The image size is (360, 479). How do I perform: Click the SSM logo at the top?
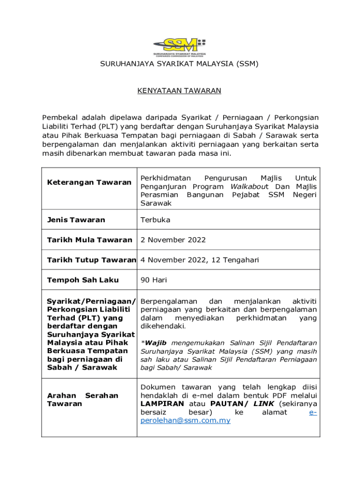pyautogui.click(x=180, y=45)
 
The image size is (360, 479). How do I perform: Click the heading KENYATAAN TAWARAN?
pyautogui.click(x=179, y=91)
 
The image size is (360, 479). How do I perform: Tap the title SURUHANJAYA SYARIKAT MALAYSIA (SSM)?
pyautogui.click(x=180, y=63)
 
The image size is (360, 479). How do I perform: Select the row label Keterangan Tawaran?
pyautogui.click(x=89, y=182)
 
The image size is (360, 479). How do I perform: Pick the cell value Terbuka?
pyautogui.click(x=155, y=220)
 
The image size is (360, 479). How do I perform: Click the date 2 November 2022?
pyautogui.click(x=173, y=240)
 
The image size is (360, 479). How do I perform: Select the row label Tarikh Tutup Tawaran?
pyautogui.click(x=92, y=260)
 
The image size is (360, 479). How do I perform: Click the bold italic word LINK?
pyautogui.click(x=263, y=404)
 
